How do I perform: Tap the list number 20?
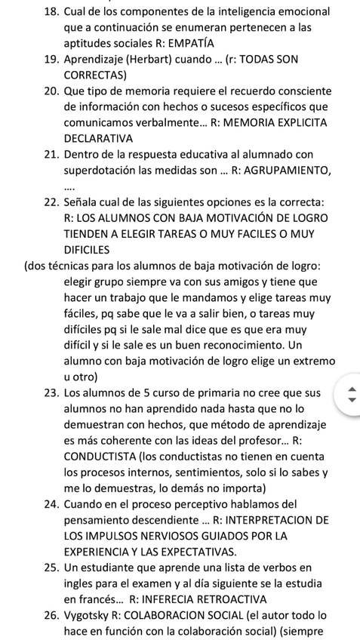pyautogui.click(x=52, y=91)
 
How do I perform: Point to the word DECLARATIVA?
pyautogui.click(x=98, y=138)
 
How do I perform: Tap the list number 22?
pyautogui.click(x=52, y=202)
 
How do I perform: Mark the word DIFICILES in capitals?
pyautogui.click(x=87, y=249)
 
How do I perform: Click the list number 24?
pyautogui.click(x=52, y=503)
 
